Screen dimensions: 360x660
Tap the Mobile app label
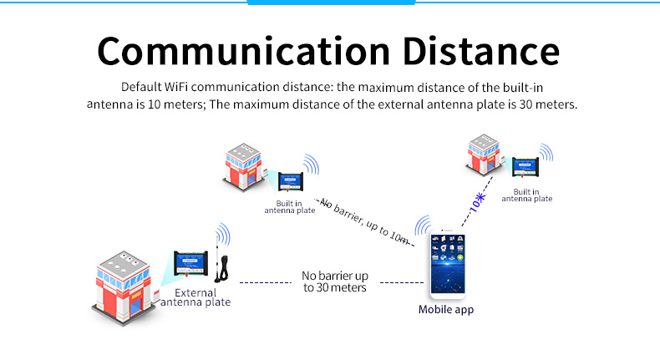coord(446,310)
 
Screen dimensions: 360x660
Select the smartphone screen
coord(446,266)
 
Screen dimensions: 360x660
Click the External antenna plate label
coord(195,297)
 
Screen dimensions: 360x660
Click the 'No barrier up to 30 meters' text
coord(334,281)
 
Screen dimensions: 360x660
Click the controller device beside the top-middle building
coord(290,180)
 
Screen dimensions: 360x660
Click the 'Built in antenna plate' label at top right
coord(526,195)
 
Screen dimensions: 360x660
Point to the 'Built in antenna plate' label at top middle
coord(290,207)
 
